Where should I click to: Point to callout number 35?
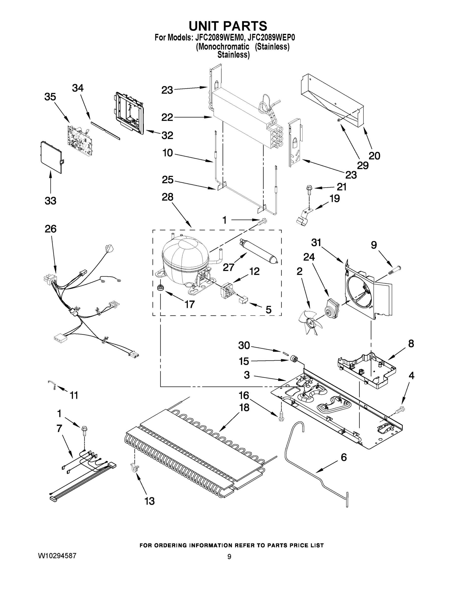[50, 97]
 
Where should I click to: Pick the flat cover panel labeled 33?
[51, 157]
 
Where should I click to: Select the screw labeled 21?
[309, 189]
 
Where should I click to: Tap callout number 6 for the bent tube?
[344, 457]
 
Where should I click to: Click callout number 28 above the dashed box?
[167, 197]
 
